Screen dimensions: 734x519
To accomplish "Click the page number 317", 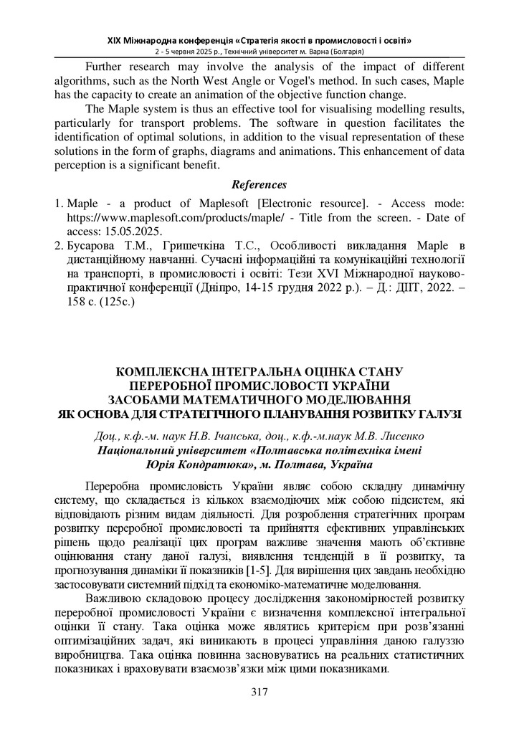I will (x=259, y=692).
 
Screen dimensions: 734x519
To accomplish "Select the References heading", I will (x=259, y=185).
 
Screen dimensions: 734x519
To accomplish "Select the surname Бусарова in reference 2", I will (x=95, y=246).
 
